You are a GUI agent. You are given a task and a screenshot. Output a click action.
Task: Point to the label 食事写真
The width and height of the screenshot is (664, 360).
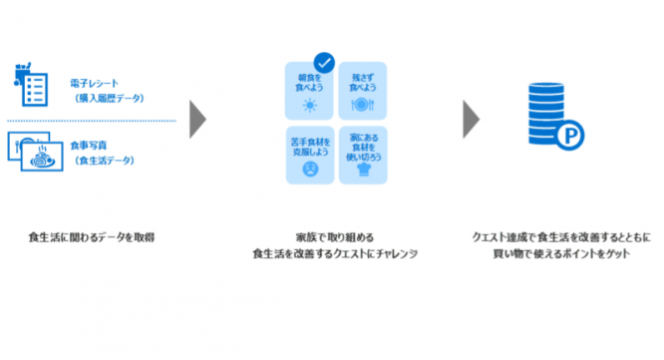[x=89, y=145]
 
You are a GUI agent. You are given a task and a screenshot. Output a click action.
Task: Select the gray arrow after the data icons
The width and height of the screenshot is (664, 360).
[x=197, y=119]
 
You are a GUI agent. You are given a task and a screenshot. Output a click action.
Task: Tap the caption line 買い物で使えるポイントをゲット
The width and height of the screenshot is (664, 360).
[x=562, y=253]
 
